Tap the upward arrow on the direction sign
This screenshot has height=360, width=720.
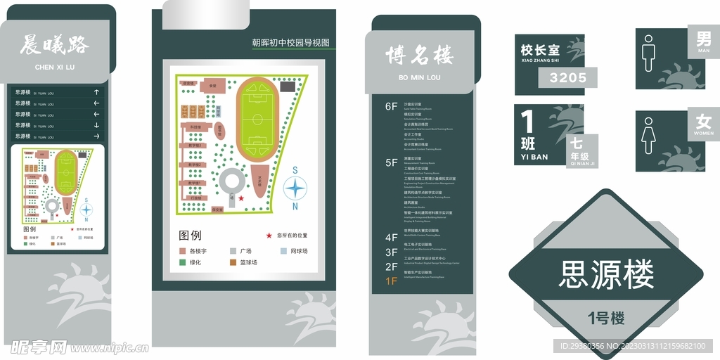tap(96, 92)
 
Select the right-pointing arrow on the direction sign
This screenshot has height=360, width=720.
tap(96, 136)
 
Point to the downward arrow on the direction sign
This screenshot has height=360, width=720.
tap(96, 125)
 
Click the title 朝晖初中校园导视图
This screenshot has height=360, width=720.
tap(290, 42)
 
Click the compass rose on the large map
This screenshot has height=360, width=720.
tap(295, 188)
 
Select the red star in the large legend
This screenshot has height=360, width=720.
tap(269, 236)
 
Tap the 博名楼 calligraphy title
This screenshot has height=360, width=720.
tap(419, 55)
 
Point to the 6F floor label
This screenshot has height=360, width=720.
tap(391, 107)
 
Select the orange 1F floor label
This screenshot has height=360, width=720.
tap(391, 281)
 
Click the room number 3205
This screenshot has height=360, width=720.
tap(567, 78)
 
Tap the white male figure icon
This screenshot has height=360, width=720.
tap(648, 57)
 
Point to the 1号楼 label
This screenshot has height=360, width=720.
tap(606, 318)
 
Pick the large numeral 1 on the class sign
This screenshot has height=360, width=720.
tap(527, 123)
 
